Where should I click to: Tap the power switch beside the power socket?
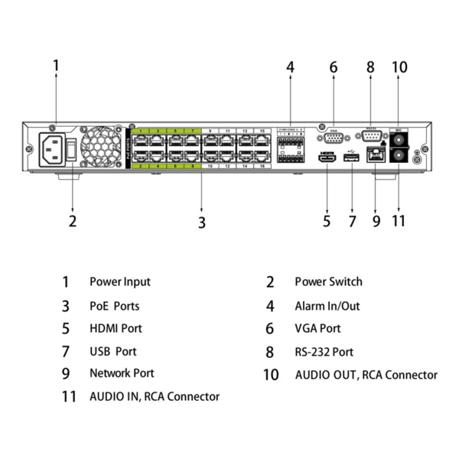pos(72,148)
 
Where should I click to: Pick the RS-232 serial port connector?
pos(371,138)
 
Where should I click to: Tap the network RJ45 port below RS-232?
pos(375,155)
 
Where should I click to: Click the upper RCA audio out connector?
pos(399,139)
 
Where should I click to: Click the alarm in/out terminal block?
pos(291,147)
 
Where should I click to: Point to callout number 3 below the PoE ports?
pos(201,223)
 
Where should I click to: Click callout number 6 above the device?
pos(334,67)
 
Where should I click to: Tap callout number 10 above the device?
pos(399,67)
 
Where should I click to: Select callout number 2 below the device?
pos(72,222)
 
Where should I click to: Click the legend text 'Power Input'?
pos(120,282)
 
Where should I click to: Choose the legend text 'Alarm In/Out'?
pos(327,306)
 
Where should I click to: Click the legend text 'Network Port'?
pos(122,373)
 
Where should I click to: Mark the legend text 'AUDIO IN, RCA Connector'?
pos(155,396)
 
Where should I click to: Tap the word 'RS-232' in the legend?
pos(311,352)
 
